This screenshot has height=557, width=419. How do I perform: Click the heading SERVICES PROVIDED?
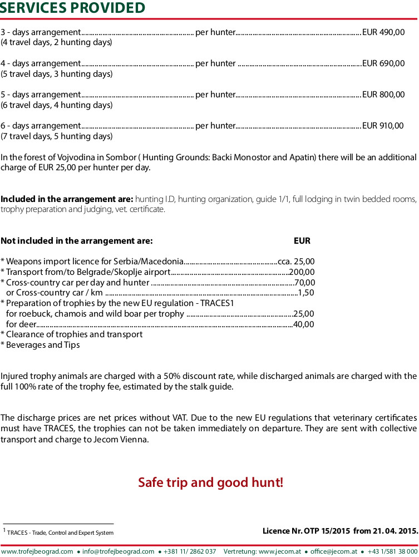(73, 8)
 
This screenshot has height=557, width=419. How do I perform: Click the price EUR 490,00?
(383, 32)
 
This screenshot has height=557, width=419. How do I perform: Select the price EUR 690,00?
(383, 63)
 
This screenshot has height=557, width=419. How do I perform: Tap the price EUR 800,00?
(383, 95)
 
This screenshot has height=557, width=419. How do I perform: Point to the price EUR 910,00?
(383, 126)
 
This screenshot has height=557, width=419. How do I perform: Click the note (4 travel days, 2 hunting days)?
(56, 42)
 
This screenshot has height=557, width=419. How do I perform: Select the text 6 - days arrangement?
(41, 126)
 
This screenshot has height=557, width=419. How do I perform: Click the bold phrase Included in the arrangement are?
(67, 199)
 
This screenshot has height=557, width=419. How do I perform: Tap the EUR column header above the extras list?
(302, 241)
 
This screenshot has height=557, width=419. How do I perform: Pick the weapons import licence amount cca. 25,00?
(296, 261)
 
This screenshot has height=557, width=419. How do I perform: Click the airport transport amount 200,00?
(302, 272)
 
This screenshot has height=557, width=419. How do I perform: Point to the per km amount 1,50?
(307, 293)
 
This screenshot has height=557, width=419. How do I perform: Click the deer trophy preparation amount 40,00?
(304, 324)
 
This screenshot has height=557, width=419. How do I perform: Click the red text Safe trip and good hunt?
(211, 482)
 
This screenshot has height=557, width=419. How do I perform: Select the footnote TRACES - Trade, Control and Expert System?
(60, 533)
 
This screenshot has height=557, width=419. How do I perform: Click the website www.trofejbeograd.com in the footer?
(37, 551)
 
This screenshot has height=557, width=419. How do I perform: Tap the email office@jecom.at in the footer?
(334, 551)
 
